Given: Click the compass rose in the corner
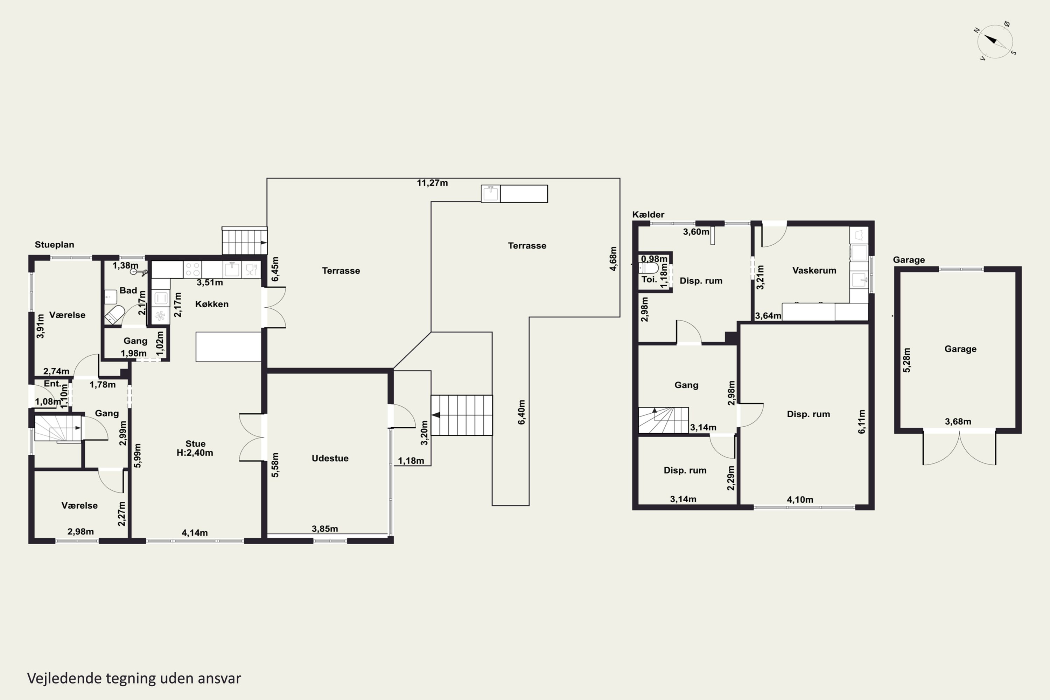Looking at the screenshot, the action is (x=995, y=41).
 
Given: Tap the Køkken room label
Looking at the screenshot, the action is (x=212, y=304).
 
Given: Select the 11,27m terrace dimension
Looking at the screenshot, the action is (x=432, y=183).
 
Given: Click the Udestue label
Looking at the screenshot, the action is (x=330, y=458).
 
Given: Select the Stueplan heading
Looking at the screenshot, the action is (x=55, y=245).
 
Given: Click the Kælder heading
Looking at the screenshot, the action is (x=648, y=215).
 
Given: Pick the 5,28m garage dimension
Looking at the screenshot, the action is (x=907, y=360).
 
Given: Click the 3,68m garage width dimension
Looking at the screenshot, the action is (x=958, y=421).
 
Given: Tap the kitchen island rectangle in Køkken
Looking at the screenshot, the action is (x=228, y=346).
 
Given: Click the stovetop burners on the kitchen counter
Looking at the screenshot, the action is (x=192, y=269).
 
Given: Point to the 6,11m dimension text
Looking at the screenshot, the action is (x=862, y=421).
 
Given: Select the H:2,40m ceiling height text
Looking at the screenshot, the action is (x=195, y=453).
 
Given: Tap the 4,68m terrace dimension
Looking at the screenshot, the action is (x=614, y=259).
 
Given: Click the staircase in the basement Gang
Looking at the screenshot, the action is (x=663, y=420).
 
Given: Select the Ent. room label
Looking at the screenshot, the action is (x=52, y=384).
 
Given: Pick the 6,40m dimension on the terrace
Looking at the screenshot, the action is (x=521, y=412).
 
